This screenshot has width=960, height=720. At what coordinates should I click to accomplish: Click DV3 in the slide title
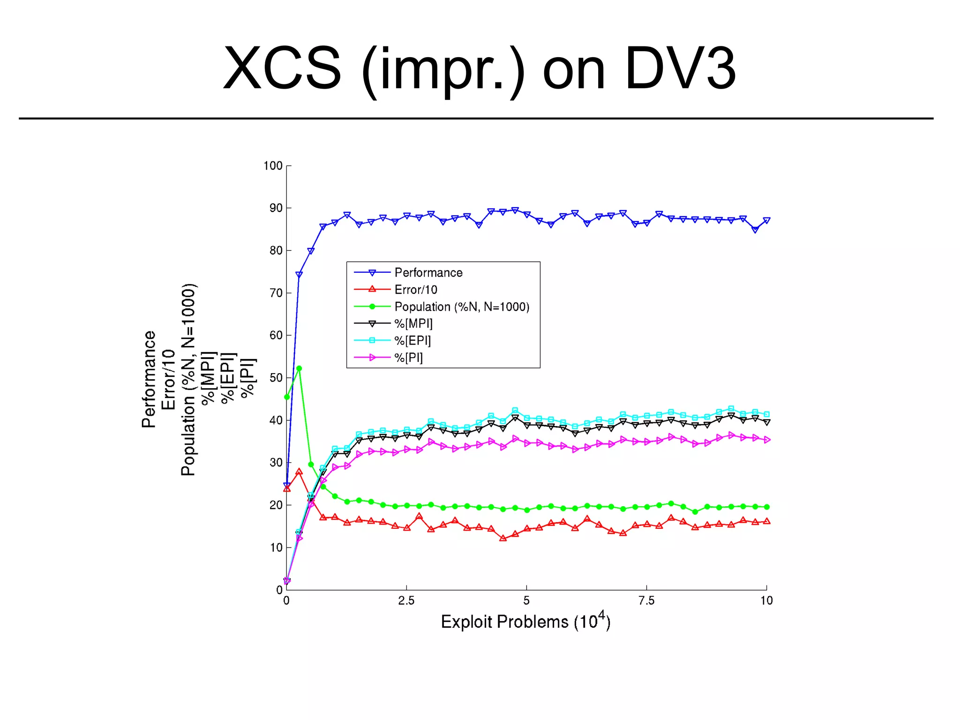pyautogui.click(x=681, y=69)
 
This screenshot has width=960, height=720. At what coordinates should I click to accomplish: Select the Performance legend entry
pyautogui.click(x=428, y=273)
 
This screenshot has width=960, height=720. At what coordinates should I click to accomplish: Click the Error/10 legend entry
pyautogui.click(x=415, y=290)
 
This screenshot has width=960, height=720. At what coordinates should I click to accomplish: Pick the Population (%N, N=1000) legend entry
pyautogui.click(x=462, y=307)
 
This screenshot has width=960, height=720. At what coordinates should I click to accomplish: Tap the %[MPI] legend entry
pyautogui.click(x=413, y=323)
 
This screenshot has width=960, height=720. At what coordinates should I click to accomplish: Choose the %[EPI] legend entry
pyautogui.click(x=412, y=341)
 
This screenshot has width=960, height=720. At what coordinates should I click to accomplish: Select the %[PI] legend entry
pyautogui.click(x=408, y=358)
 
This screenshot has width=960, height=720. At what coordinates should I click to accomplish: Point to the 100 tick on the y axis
pyautogui.click(x=273, y=166)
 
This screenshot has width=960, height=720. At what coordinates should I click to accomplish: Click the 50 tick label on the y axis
pyautogui.click(x=276, y=378)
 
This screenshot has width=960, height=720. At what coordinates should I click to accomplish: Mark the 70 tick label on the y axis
pyautogui.click(x=276, y=293)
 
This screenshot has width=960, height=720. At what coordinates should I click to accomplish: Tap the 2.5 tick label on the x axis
pyautogui.click(x=406, y=600)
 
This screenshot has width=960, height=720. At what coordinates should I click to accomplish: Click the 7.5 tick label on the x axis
pyautogui.click(x=646, y=600)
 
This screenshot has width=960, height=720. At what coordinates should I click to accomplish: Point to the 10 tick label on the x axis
pyautogui.click(x=766, y=600)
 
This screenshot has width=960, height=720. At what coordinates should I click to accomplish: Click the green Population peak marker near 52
pyautogui.click(x=299, y=368)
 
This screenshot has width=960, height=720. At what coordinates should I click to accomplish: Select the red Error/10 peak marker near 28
pyautogui.click(x=299, y=472)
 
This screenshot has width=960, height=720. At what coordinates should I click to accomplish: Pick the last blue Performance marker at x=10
pyautogui.click(x=766, y=220)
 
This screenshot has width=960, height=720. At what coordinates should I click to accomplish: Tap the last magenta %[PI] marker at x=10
pyautogui.click(x=767, y=440)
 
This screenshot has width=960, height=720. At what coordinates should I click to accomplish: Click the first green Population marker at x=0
pyautogui.click(x=287, y=397)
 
